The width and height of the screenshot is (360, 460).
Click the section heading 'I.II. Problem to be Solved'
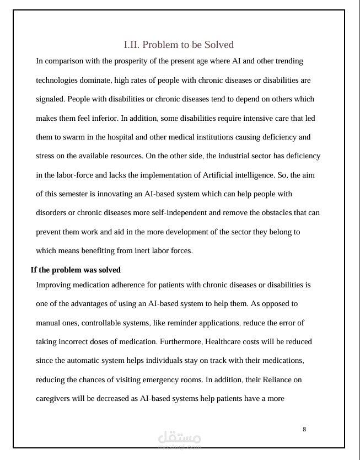(179, 45)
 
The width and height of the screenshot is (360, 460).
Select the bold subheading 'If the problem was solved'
(75, 270)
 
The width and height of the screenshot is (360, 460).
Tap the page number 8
(304, 429)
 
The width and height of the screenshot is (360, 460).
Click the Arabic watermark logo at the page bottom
(180, 439)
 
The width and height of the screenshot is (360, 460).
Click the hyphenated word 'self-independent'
(159, 213)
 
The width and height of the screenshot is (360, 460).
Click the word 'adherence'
(137, 285)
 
